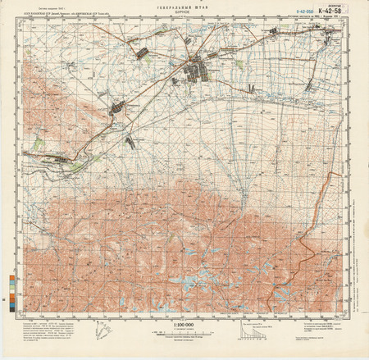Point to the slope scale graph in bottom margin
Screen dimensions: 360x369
pyautogui.click(x=250, y=332)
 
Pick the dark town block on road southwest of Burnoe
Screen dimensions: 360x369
pyautogui.click(x=116, y=107)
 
